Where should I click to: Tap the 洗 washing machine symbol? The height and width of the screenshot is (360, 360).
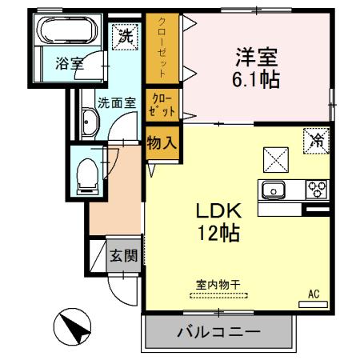coord(125,36)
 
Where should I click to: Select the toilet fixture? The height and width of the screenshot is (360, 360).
coord(85,173)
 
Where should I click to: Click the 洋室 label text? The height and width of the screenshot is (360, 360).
coord(254,58)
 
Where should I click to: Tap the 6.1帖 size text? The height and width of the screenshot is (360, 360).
coord(254,81)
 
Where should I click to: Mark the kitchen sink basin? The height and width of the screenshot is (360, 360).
coord(273,191)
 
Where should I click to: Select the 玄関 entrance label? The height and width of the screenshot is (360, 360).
coord(123,257)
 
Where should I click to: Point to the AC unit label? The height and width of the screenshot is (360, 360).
coord(314,294)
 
